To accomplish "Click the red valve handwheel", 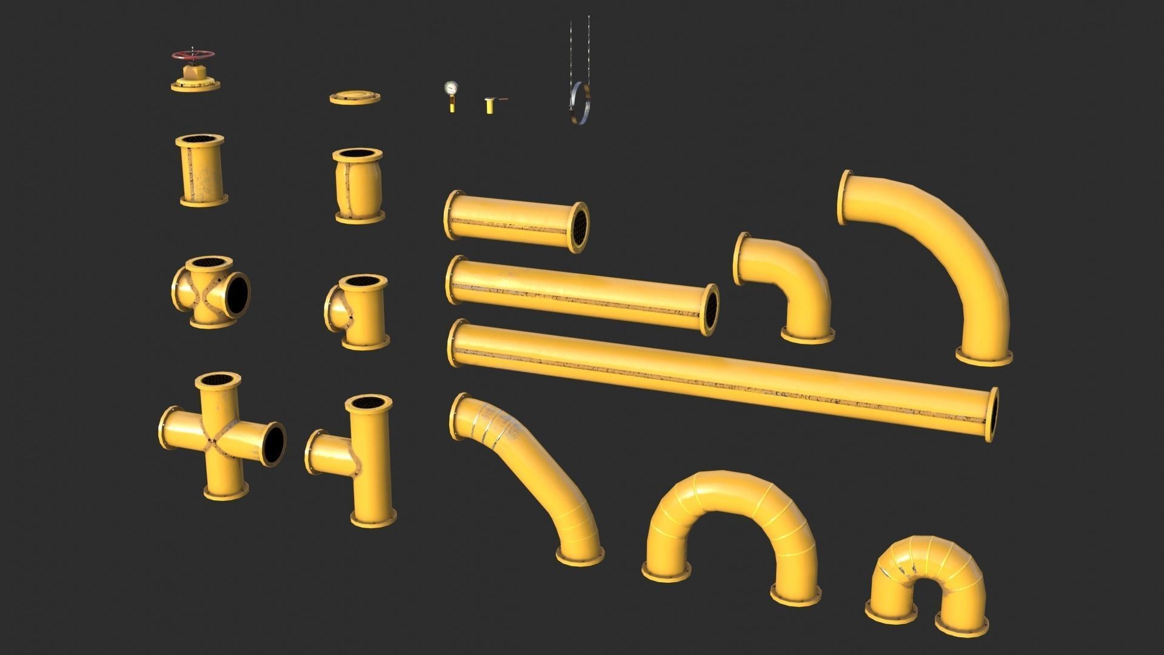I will coord(192,56).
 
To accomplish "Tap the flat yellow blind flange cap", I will coord(355,97).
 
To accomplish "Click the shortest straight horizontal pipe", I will coord(515,221).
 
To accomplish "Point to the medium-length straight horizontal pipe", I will coord(582,294).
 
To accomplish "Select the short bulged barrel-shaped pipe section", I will coord(358,185).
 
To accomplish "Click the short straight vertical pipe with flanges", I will coord(202,170).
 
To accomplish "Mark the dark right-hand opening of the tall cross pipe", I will coord(273,444).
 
